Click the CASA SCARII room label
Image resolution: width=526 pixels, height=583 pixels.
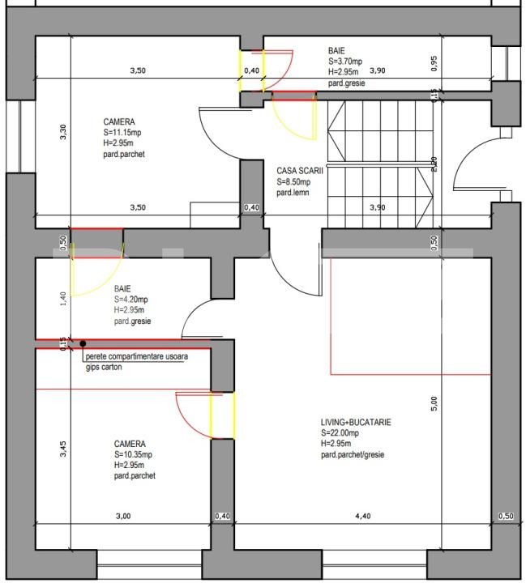[300, 171]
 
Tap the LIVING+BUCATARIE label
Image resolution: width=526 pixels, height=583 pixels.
[356, 423]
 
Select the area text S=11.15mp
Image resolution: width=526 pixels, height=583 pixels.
[122, 132]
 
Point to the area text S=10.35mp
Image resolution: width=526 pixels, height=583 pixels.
[133, 455]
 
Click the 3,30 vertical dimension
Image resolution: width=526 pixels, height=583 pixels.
[63, 132]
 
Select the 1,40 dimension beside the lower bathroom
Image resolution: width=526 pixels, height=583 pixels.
[63, 300]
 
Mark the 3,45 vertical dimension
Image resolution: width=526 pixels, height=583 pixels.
[63, 449]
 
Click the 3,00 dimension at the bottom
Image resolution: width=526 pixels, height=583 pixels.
[122, 516]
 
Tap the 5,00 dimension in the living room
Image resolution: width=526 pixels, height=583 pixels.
[434, 401]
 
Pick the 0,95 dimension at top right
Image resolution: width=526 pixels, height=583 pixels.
[434, 63]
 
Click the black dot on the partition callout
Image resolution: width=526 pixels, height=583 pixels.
[83, 344]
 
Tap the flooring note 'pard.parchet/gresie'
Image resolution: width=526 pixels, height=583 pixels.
[353, 455]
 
